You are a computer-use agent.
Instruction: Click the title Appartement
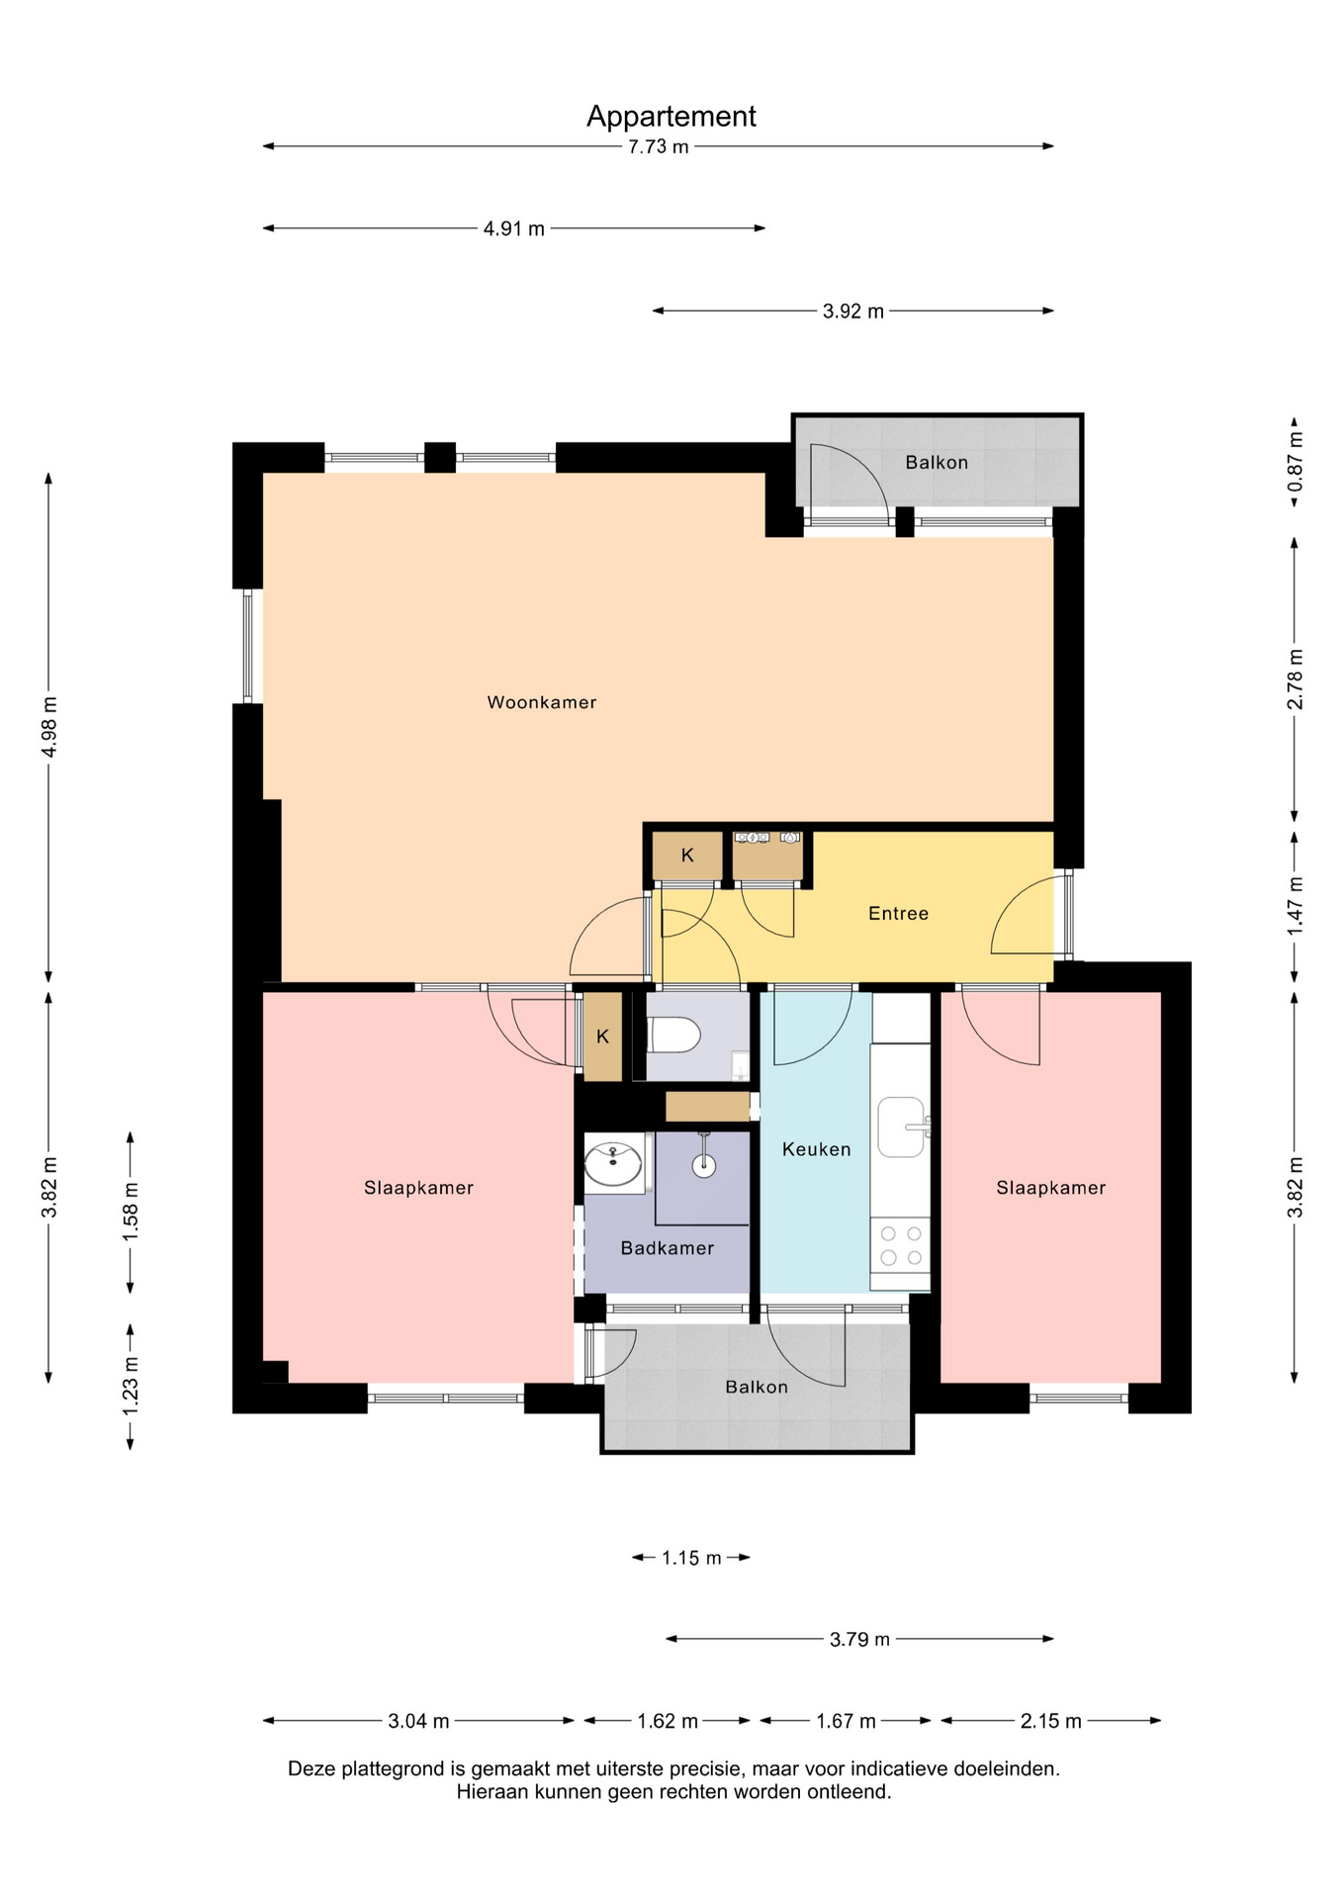click(x=671, y=117)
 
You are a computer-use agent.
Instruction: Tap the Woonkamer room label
click(x=542, y=702)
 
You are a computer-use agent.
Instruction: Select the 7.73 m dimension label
click(x=659, y=147)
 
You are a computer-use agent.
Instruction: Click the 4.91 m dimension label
click(x=514, y=229)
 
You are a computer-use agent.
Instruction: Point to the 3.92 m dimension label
click(x=853, y=312)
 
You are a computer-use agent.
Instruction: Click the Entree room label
click(x=899, y=914)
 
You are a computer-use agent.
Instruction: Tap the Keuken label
click(x=816, y=1149)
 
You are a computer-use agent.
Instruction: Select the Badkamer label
click(x=668, y=1248)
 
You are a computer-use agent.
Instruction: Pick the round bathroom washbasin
click(x=613, y=1163)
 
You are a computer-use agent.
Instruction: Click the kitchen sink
click(x=902, y=1127)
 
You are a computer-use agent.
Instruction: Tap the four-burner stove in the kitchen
click(x=900, y=1246)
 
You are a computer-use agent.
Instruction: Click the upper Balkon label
click(x=937, y=463)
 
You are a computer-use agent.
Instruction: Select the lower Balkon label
click(x=757, y=1388)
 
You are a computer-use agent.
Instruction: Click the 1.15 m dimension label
click(x=691, y=1559)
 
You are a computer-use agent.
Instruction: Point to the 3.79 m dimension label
click(x=859, y=1640)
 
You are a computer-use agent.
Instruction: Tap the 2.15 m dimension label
click(x=1051, y=1722)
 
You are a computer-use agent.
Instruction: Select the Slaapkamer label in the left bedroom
click(x=418, y=1188)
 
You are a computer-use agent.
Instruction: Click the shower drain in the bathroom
click(x=703, y=1166)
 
